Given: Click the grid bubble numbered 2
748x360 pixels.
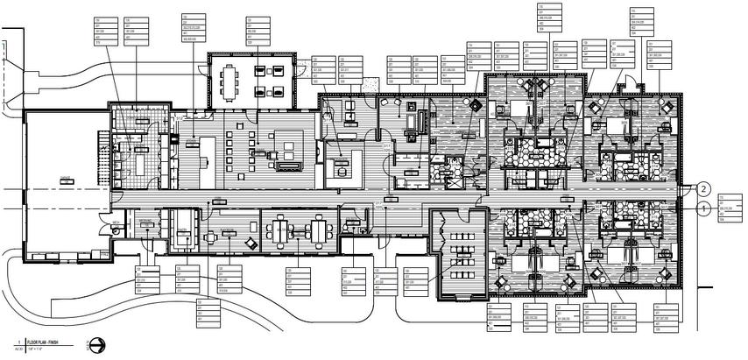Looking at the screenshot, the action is [703, 187].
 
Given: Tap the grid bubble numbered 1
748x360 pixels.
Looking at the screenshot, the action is [703, 208].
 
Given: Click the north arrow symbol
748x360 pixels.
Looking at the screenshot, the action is [95, 343].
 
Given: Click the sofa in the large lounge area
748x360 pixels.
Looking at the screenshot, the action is [287, 165].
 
